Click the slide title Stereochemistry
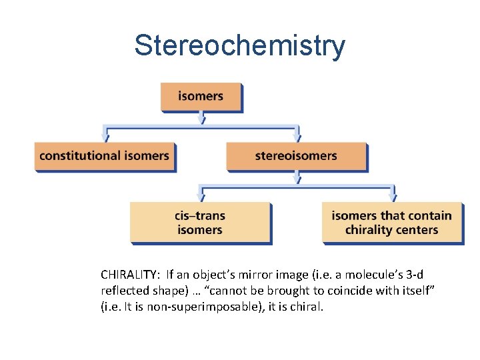click(x=239, y=46)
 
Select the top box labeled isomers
click(x=200, y=96)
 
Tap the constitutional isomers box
click(x=104, y=156)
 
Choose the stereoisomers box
click(x=296, y=156)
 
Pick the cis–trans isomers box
click(x=200, y=223)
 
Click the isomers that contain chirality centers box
click(x=391, y=223)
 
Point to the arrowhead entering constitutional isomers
click(x=105, y=138)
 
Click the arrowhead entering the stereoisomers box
click(x=297, y=138)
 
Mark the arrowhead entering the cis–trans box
click(x=201, y=198)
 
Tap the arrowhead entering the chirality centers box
click(x=393, y=198)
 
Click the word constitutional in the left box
click(x=75, y=156)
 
